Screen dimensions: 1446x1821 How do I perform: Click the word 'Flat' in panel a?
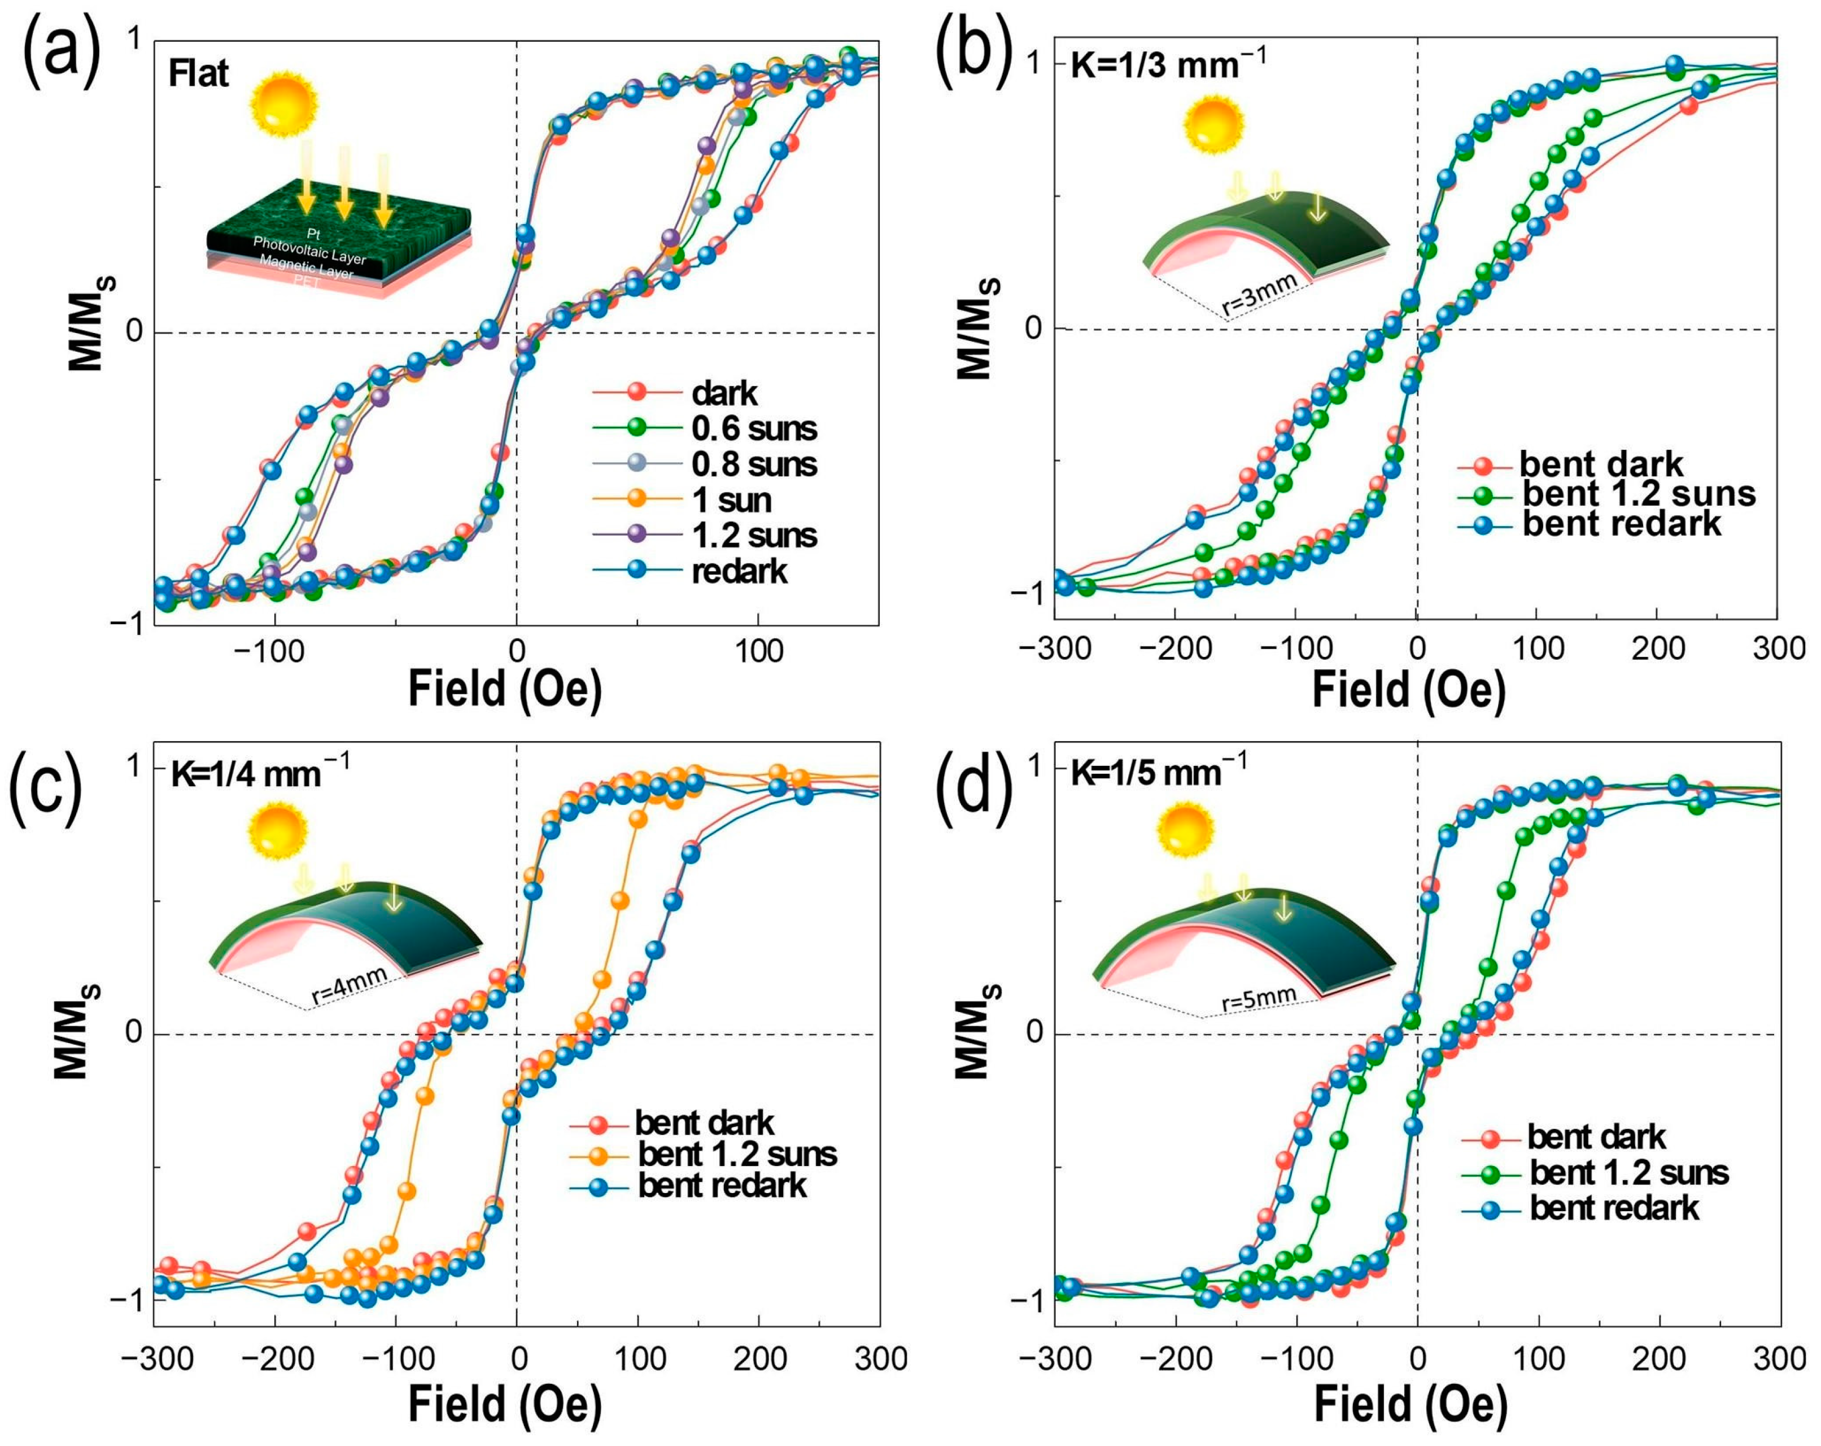click(199, 75)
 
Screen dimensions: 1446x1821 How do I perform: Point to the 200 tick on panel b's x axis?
click(1658, 649)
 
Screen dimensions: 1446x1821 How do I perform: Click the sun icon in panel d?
click(1186, 831)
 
